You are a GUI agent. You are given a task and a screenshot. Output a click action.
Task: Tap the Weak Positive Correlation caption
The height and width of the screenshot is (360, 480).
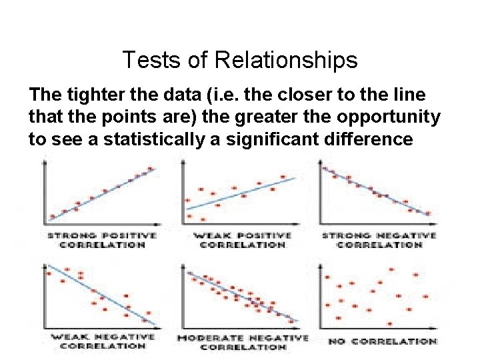[242, 239]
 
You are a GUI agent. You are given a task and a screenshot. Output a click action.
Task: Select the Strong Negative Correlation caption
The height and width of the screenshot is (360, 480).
[379, 239]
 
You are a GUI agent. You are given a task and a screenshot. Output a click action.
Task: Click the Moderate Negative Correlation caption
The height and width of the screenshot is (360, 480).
[242, 342]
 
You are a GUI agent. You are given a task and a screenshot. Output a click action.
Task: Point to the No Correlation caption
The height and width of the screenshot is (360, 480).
[382, 341]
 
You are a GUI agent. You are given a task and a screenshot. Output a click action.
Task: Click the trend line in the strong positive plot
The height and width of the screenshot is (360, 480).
[100, 194]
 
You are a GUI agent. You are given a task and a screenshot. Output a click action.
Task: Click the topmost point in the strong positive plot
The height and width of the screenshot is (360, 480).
[150, 168]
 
